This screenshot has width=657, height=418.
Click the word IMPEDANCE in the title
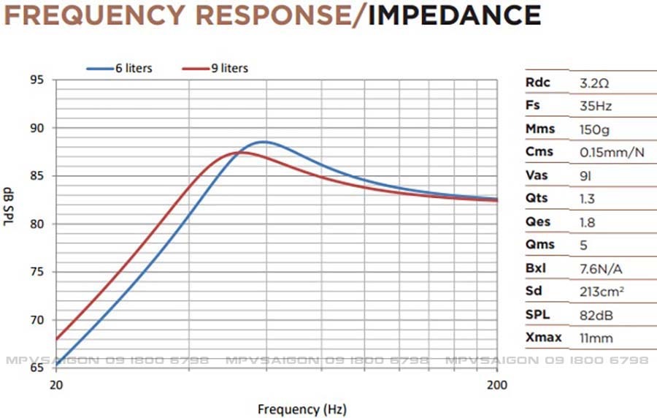454,14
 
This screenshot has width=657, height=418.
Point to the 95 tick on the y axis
36,80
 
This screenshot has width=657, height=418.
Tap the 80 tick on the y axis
36,224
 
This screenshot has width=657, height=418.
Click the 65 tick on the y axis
36,368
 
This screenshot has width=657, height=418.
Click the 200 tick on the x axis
497,384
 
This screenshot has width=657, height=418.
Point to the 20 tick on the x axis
55,384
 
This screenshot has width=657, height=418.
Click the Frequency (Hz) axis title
301,409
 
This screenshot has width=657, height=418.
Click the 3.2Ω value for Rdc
594,83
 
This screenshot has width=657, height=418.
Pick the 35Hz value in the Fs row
595,106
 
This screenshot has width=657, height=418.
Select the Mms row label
540,129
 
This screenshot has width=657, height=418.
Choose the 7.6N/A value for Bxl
600,268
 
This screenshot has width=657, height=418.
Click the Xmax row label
542,338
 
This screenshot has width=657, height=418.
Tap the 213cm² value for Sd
602,292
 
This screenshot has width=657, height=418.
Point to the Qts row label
537,198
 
